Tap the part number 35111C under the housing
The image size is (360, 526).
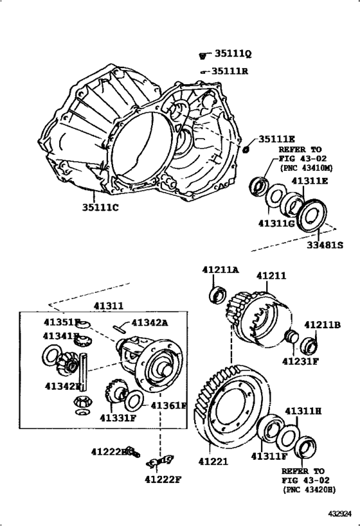(100, 207)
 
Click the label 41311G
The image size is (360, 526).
(276, 223)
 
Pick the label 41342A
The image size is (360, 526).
(149, 322)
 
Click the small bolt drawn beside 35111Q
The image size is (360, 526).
(203, 57)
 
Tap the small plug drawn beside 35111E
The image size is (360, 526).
(246, 150)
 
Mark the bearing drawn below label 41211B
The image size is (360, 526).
(309, 345)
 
